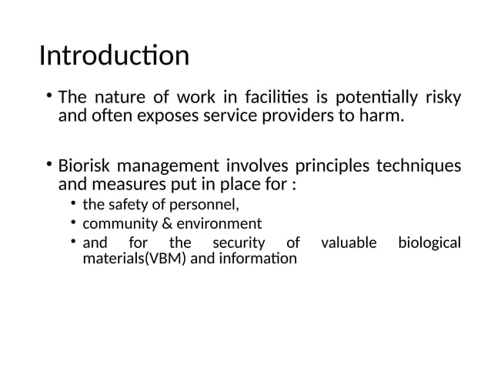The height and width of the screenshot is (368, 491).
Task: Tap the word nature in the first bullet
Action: [117, 99]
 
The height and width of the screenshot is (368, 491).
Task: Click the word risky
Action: [443, 99]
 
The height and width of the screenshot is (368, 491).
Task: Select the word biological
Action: [429, 243]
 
